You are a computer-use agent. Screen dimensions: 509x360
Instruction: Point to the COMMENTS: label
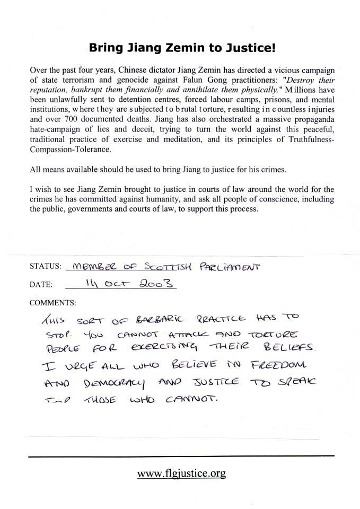tap(52, 303)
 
